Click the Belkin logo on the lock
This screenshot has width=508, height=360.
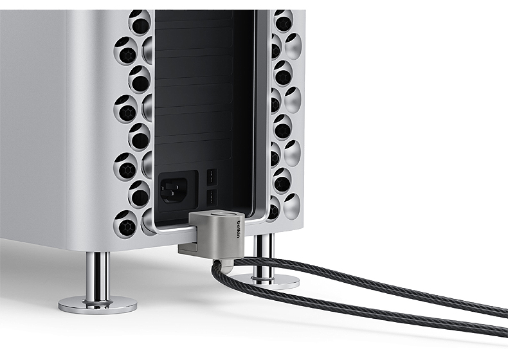pyautogui.click(x=239, y=229)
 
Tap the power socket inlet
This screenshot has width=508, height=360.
pyautogui.click(x=174, y=190)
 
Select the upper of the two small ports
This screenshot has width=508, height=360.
pyautogui.click(x=212, y=177)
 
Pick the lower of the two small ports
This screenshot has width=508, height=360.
pyautogui.click(x=212, y=197)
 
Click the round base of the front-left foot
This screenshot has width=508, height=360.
pyautogui.click(x=98, y=305)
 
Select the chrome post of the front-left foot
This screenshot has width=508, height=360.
pyautogui.click(x=97, y=278)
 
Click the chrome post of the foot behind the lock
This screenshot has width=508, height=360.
pyautogui.click(x=264, y=256)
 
